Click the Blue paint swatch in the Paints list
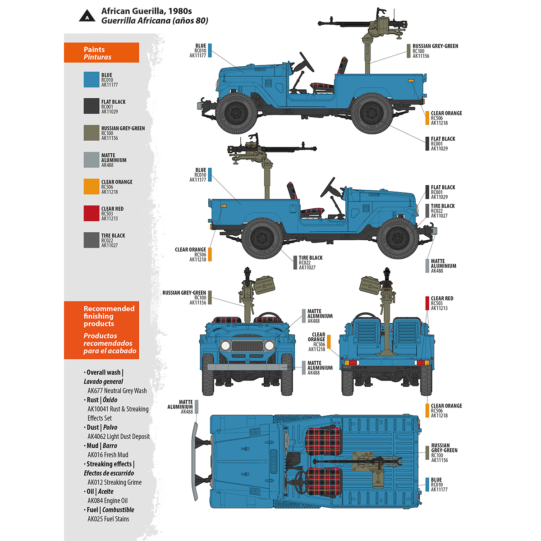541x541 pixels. coord(91,80)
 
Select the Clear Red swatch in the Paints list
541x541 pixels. coord(91,213)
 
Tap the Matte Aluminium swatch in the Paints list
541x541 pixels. coord(91,160)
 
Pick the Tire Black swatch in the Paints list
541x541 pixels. coord(91,240)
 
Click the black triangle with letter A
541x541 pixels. coord(87,17)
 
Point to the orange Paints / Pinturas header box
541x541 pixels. coord(101,53)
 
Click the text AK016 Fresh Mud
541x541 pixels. coord(108,455)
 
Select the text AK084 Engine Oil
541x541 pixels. coord(107,500)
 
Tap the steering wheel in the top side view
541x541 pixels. coord(307,62)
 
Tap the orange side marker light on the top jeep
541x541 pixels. coord(411,81)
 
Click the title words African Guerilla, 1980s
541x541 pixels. coord(147,11)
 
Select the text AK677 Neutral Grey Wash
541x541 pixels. coord(117,391)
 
